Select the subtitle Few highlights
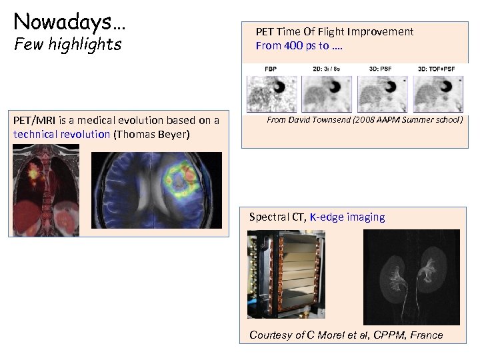point(68,45)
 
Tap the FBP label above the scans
point(271,69)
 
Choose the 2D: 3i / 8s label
point(327,69)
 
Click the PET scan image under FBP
point(271,94)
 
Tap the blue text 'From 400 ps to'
point(290,46)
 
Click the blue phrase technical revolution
point(61,134)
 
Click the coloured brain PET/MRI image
point(156,190)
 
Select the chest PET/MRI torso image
point(45,190)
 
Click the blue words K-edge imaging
point(347,217)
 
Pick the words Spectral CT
point(277,217)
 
